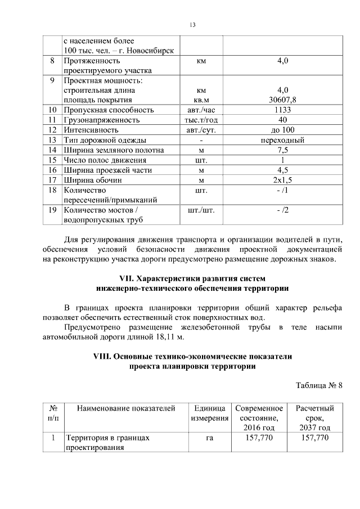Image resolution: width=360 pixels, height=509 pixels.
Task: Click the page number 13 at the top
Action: (x=192, y=25)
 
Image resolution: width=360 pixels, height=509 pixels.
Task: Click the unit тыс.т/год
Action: (x=201, y=120)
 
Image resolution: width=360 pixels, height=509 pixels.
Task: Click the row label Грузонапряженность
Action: (x=102, y=120)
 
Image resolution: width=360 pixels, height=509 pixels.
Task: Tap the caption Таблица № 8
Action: (x=319, y=386)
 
